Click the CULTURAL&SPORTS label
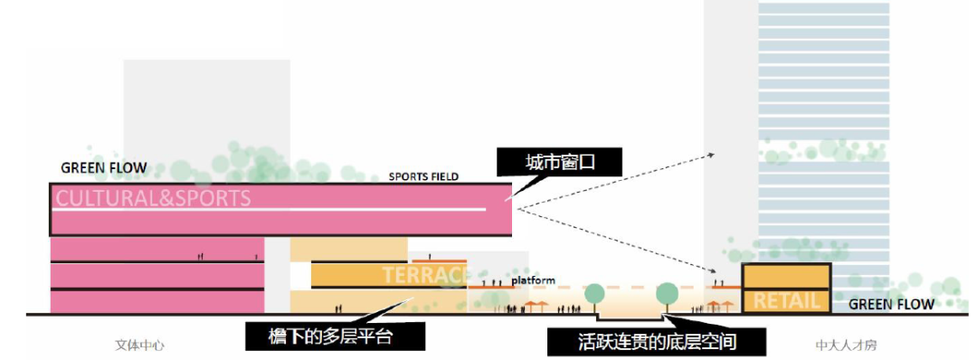coord(155,198)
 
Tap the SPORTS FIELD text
coord(425,176)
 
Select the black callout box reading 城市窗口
coord(561,163)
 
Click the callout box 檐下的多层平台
coord(335,337)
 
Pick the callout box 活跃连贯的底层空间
coord(657,342)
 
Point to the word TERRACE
coord(426,275)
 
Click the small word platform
coord(534,280)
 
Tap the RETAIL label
coord(786,301)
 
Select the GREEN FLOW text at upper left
coord(103,168)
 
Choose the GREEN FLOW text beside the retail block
coord(891,305)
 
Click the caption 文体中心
coord(140,346)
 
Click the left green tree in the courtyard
coord(594,293)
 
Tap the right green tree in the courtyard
coord(667,293)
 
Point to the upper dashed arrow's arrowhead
coord(712,155)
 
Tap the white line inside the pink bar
coord(271,211)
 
